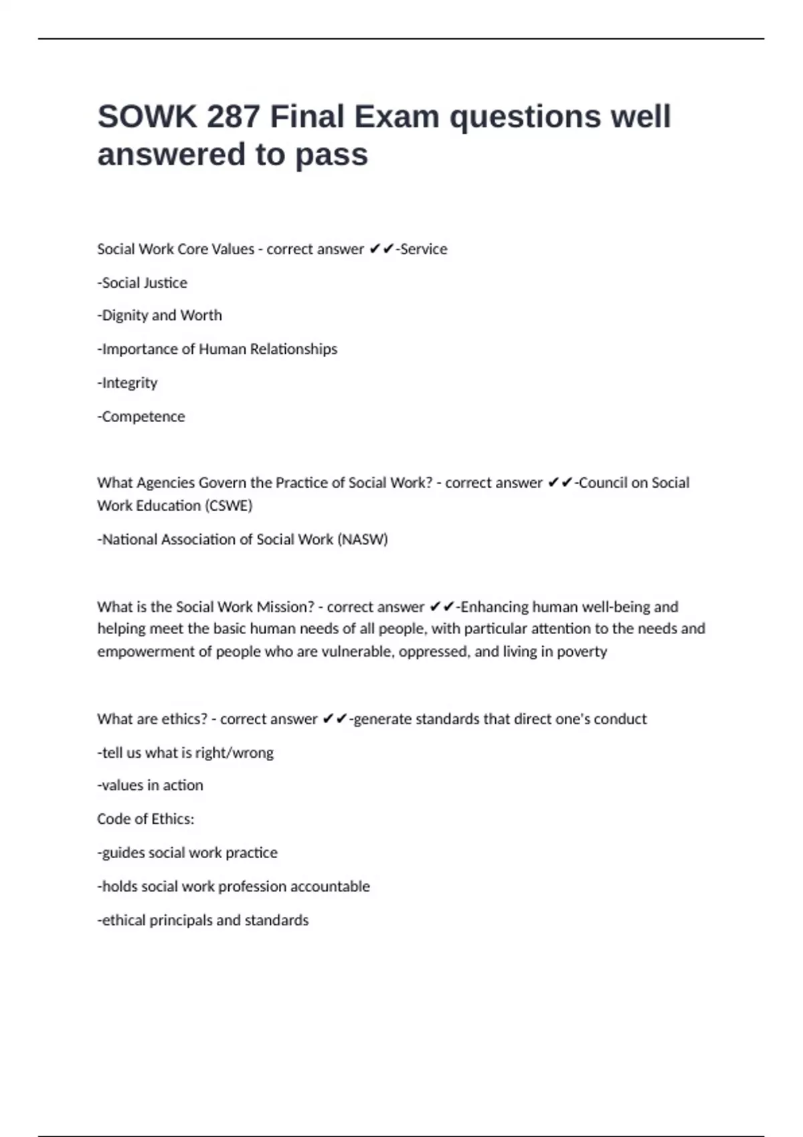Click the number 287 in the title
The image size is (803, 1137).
click(233, 117)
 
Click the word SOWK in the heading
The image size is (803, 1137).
click(147, 117)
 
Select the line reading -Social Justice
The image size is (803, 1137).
click(143, 283)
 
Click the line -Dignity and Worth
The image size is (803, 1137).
click(160, 316)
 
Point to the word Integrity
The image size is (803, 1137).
click(130, 383)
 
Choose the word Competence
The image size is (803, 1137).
click(143, 417)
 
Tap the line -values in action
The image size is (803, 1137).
click(151, 785)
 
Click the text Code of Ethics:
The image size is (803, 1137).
click(146, 819)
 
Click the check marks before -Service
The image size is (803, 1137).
click(381, 249)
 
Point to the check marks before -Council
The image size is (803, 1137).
click(560, 483)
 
